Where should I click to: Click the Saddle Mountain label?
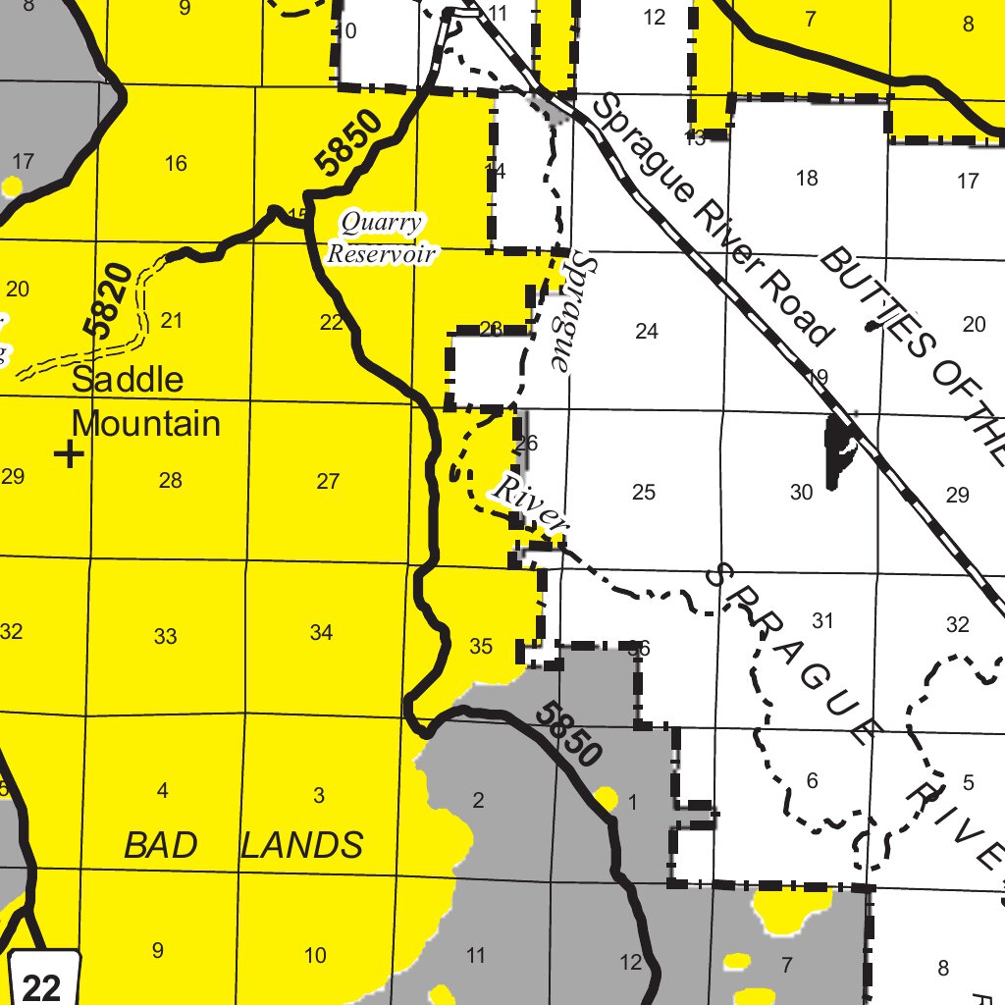tap(145, 401)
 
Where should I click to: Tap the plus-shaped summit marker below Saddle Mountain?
tap(69, 453)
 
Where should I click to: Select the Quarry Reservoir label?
tap(382, 238)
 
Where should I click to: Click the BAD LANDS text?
tap(243, 844)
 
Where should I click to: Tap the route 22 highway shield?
tap(41, 984)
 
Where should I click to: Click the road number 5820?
tap(108, 300)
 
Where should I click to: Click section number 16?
tap(176, 163)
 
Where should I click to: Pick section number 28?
tap(170, 481)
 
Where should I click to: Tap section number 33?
tap(165, 637)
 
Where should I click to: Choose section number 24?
tap(646, 332)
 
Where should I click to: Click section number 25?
tap(643, 492)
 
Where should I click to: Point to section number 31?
tap(822, 620)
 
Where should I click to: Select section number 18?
tap(807, 178)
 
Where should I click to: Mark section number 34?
tap(321, 633)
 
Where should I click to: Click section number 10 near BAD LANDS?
tap(315, 955)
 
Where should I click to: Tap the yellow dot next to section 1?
tap(606, 798)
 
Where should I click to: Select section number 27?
tap(328, 481)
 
